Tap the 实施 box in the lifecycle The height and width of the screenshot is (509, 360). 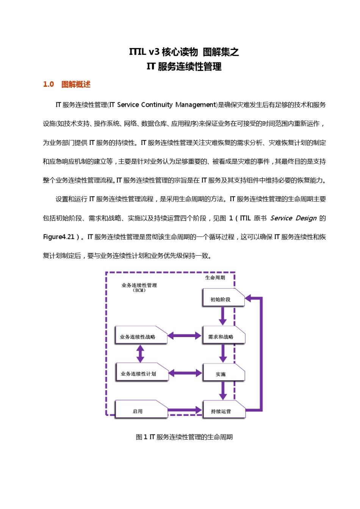(224, 372)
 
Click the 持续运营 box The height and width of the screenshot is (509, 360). (224, 410)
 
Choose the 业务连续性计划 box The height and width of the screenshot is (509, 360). (141, 372)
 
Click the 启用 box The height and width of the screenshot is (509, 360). (141, 410)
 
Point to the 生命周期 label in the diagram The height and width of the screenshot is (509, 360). (215, 278)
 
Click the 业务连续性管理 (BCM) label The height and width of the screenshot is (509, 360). (139, 287)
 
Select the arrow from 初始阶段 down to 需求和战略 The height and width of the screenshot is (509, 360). (222, 316)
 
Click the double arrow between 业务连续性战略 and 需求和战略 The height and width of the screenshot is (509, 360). (185, 336)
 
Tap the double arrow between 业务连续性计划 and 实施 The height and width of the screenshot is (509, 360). (185, 373)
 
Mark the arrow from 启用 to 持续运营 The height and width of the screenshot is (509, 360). (185, 410)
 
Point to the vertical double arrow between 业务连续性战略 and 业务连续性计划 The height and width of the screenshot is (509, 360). (140, 354)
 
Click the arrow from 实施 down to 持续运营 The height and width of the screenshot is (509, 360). (223, 390)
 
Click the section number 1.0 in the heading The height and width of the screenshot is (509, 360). (49, 84)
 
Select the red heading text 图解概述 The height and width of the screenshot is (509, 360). (76, 84)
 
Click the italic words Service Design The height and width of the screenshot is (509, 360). (293, 218)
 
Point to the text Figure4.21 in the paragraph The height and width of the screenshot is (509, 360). (59, 237)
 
